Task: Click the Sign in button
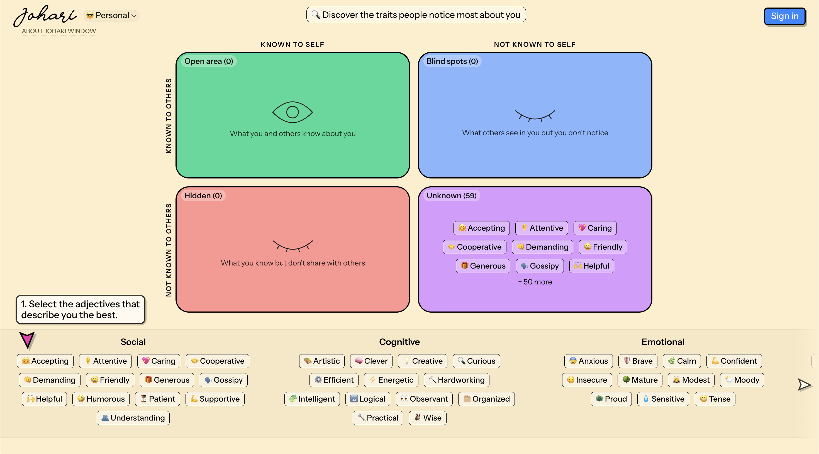(x=784, y=16)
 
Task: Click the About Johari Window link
(x=59, y=31)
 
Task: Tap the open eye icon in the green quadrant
(x=292, y=112)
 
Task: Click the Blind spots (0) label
(x=452, y=61)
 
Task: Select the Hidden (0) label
(x=203, y=195)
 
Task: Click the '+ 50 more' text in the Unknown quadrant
(x=535, y=282)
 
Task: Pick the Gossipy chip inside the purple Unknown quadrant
(x=540, y=266)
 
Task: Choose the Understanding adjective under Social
(x=133, y=418)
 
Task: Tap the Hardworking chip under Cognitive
(x=456, y=380)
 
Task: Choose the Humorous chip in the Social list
(x=101, y=399)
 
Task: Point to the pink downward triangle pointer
(x=27, y=340)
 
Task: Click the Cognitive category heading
(x=399, y=342)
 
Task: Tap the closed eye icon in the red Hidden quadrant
(x=292, y=246)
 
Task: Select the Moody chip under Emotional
(x=742, y=380)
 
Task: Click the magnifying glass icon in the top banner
(x=315, y=15)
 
